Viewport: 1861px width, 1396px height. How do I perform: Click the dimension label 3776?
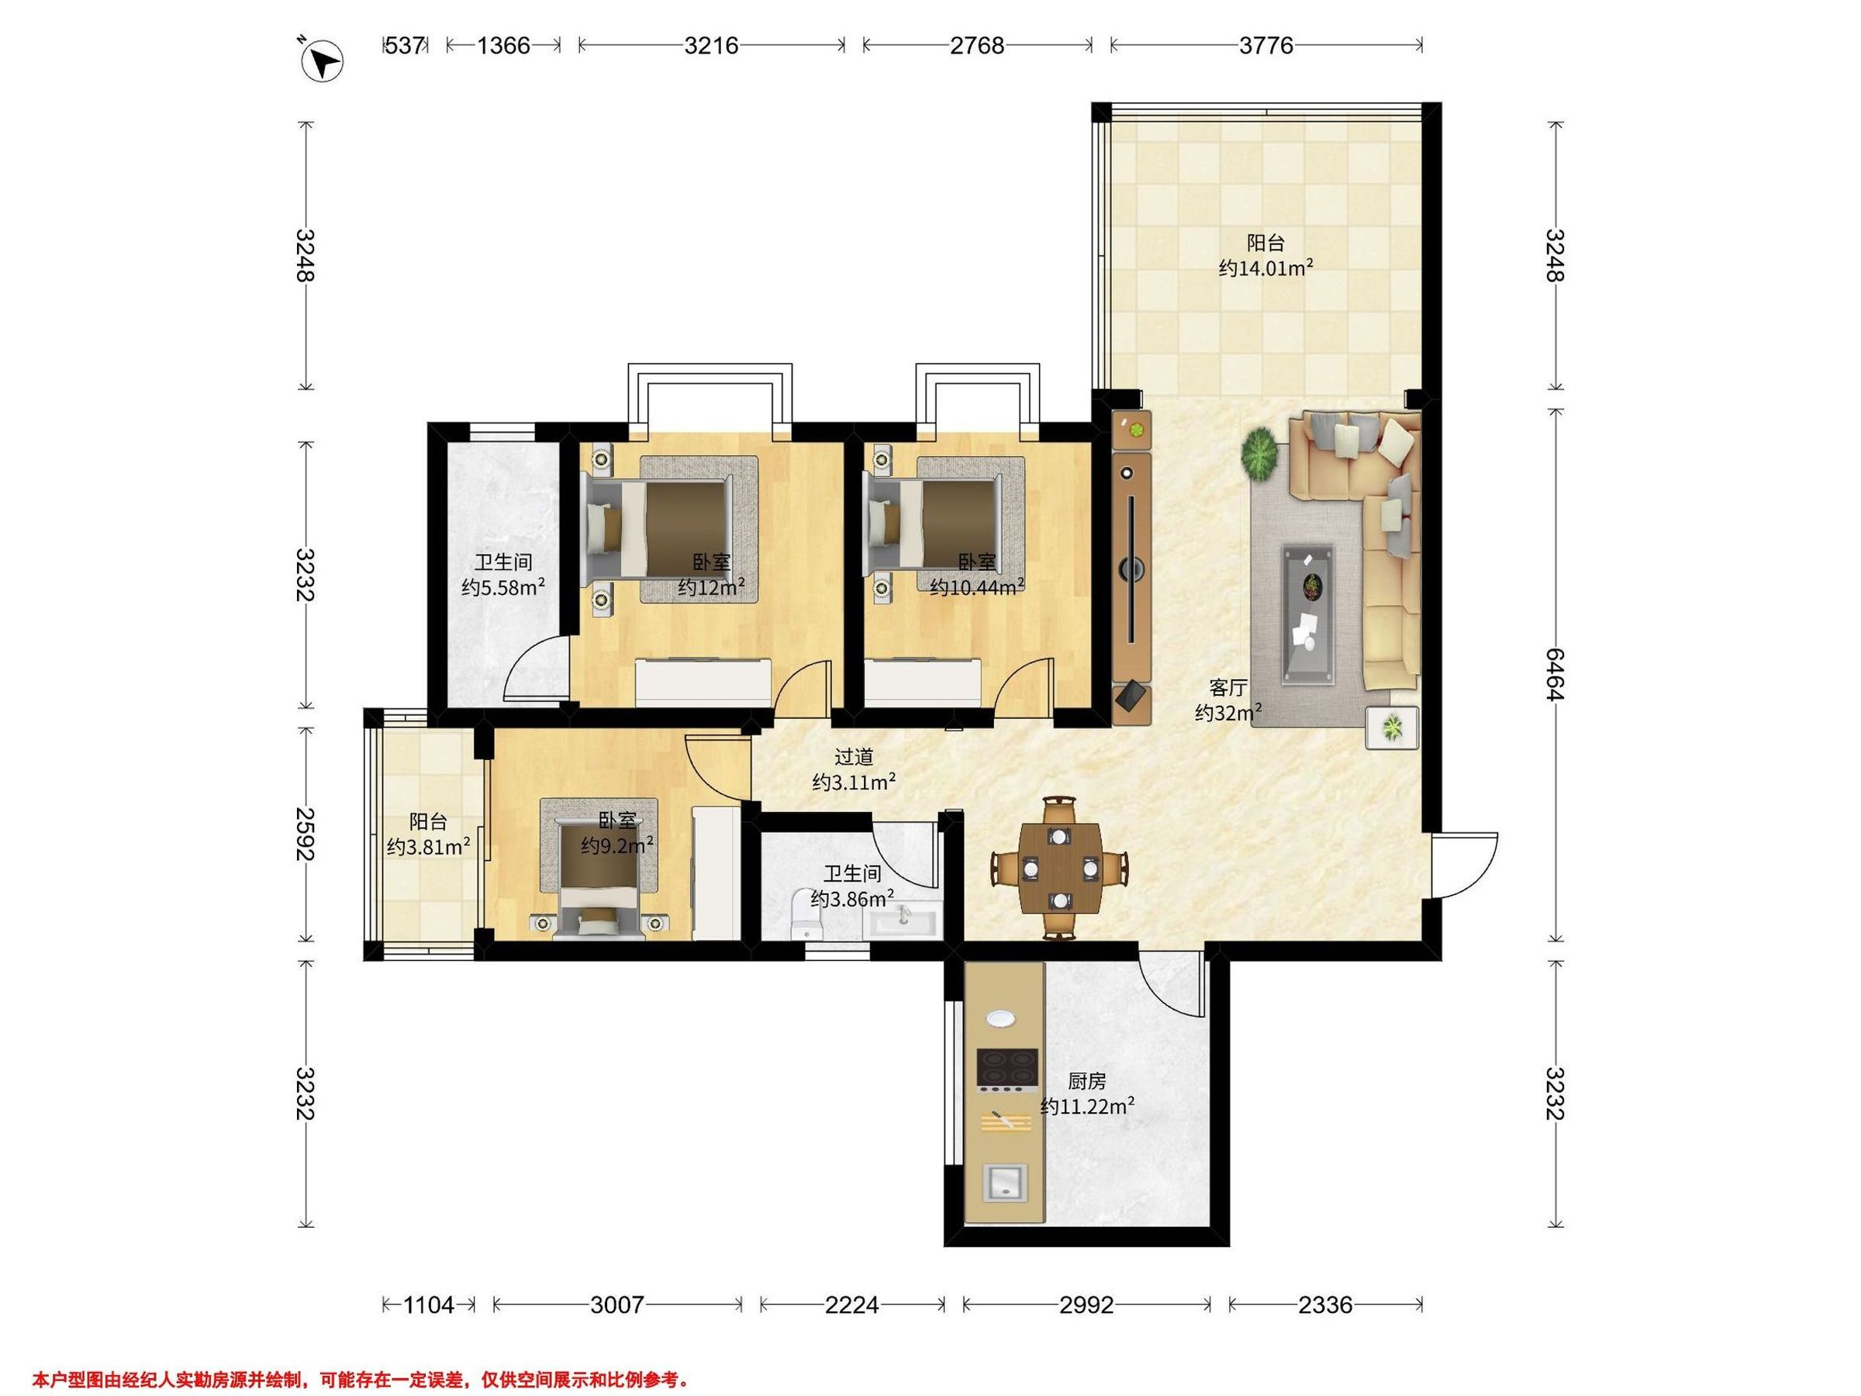(x=1266, y=45)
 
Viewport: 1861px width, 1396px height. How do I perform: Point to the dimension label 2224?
(x=851, y=1305)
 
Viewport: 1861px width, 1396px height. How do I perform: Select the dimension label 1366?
(x=503, y=45)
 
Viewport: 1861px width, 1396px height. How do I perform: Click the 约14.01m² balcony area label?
(x=1266, y=268)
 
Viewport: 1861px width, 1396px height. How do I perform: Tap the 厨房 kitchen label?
(x=1087, y=1081)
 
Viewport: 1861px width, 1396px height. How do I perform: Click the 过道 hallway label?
(x=854, y=757)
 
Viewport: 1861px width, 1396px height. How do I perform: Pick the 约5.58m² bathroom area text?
(x=503, y=586)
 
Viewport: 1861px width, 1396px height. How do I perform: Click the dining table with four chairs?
(x=1060, y=868)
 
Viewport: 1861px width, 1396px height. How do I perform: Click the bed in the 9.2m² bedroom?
(x=599, y=868)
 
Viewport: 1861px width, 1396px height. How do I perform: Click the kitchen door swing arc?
(x=1171, y=988)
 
